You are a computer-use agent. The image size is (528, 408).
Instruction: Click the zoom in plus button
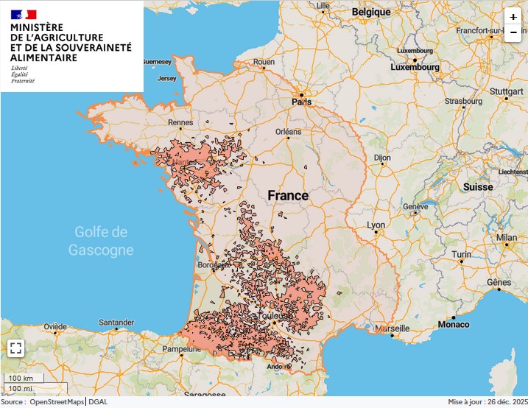513,17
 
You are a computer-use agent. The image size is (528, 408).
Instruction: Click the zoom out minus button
513,32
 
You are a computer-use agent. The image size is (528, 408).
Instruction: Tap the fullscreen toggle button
16,348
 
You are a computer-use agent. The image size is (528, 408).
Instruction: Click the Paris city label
301,102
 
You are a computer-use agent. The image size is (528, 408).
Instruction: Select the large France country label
288,196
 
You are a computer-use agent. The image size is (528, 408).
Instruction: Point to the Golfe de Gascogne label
101,241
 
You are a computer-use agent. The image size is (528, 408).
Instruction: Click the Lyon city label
376,225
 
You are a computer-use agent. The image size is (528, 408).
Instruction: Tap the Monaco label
453,324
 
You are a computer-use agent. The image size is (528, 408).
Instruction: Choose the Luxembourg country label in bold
415,67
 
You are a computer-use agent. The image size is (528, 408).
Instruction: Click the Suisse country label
478,187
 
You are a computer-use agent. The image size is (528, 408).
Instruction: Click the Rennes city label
180,123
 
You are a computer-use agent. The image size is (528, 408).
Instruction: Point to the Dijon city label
382,158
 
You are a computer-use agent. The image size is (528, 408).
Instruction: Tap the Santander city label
116,323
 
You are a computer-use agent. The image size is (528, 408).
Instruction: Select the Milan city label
506,237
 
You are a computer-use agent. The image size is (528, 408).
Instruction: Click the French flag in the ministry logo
24,14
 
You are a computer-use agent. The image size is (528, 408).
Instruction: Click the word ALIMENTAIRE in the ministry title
43,57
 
